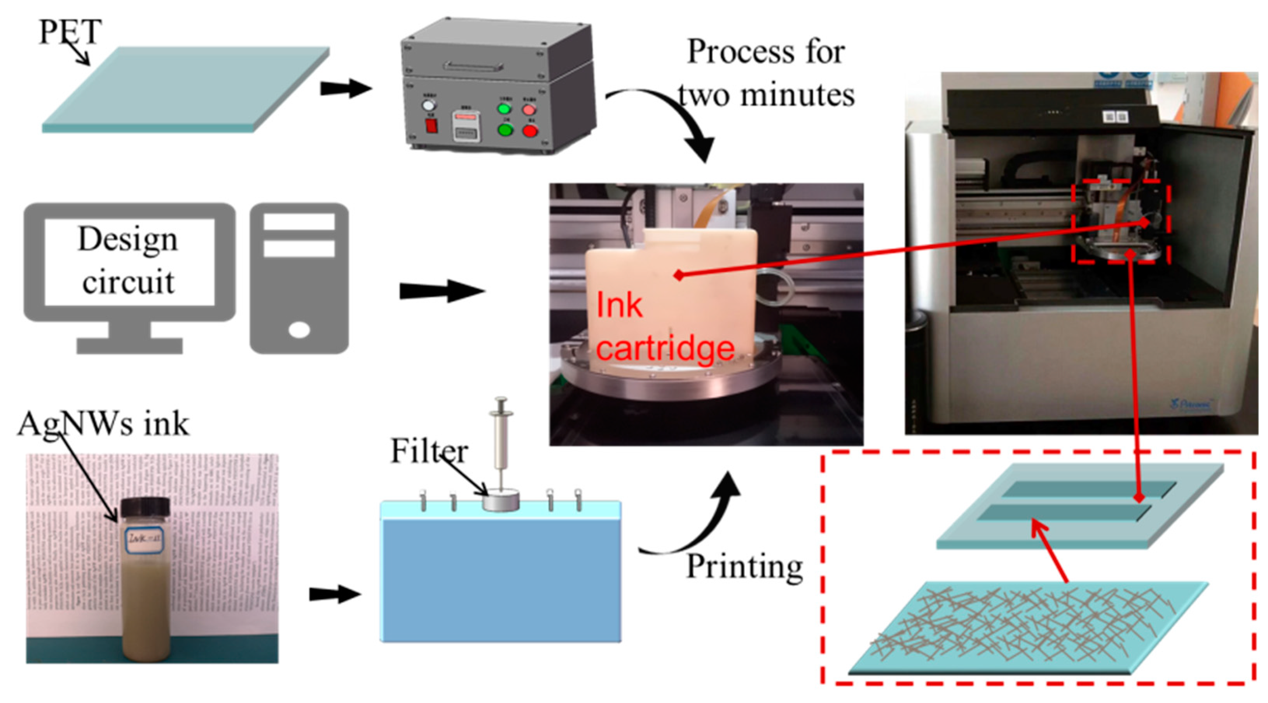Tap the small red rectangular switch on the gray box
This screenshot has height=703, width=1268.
click(x=431, y=126)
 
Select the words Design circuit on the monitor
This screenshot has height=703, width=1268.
click(x=129, y=261)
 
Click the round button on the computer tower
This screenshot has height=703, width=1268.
click(x=299, y=329)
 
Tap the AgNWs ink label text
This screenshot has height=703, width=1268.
click(x=103, y=424)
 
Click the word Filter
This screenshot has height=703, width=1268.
click(x=429, y=451)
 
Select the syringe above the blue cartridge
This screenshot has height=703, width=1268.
click(x=501, y=443)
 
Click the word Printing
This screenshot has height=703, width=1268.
click(x=744, y=567)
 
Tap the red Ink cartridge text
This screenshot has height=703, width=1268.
click(x=665, y=327)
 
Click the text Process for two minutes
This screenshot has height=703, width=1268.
click(x=766, y=73)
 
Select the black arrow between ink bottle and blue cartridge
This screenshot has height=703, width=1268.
click(x=334, y=594)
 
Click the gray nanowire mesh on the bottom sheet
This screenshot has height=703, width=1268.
click(x=1024, y=625)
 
